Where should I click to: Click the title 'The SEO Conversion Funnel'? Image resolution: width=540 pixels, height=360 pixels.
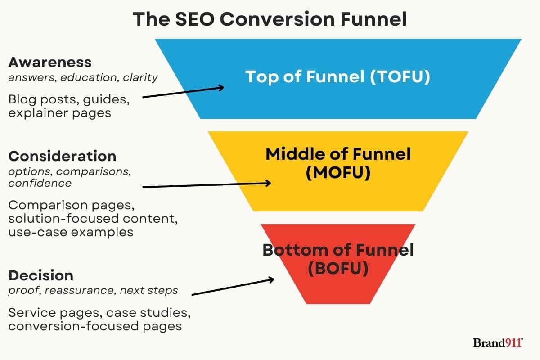pos(270,19)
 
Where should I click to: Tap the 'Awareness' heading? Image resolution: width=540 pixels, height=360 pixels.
pos(50,62)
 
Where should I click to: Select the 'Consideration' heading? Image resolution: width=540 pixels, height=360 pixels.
pos(62,156)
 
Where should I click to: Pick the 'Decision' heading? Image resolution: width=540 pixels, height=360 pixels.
pos(40,275)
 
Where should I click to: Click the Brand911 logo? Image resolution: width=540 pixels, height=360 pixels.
pos(497,343)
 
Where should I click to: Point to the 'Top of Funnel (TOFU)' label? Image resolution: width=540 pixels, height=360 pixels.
pos(337,76)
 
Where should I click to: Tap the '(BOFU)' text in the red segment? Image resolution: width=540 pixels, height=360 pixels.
pos(337,269)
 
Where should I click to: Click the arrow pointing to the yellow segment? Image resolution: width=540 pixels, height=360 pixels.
pos(207,185)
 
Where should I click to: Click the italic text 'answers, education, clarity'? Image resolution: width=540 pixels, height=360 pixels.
pos(83,77)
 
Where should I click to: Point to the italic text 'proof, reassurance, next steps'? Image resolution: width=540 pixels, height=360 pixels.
pos(93,291)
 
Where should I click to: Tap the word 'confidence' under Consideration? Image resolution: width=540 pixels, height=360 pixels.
pos(40,183)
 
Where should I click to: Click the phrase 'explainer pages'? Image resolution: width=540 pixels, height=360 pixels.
pos(59,112)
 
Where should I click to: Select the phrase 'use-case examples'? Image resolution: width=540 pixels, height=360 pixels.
pos(71,232)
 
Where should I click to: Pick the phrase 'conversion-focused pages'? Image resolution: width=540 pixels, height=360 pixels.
pos(95,326)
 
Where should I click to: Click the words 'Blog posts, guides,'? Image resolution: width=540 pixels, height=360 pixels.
pos(69,100)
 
